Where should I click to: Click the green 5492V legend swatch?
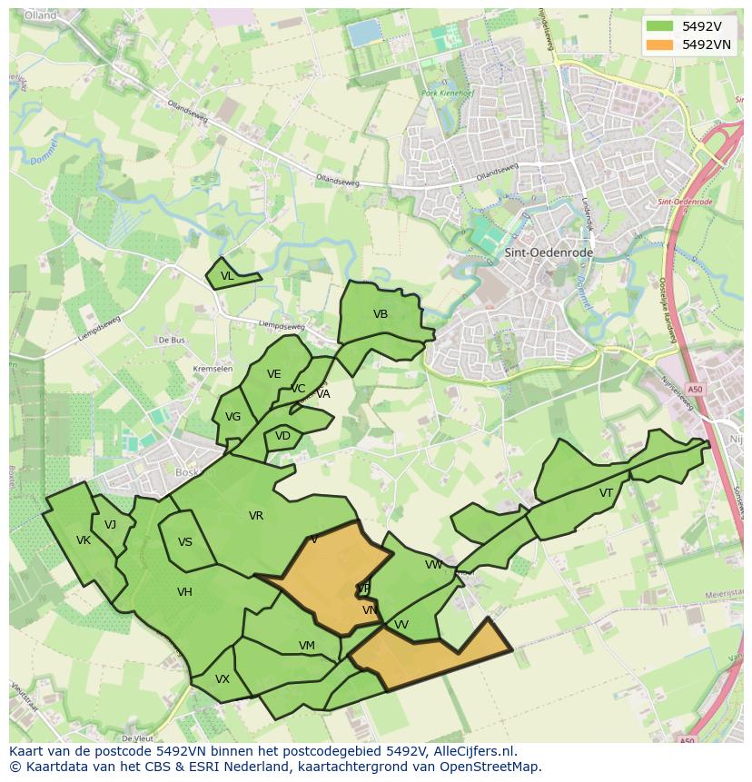pyautogui.click(x=659, y=26)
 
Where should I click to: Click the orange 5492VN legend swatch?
pyautogui.click(x=659, y=45)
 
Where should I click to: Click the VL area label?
pyautogui.click(x=227, y=276)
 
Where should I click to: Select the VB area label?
pyautogui.click(x=381, y=314)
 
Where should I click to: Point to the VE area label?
pyautogui.click(x=273, y=374)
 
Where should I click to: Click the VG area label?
pyautogui.click(x=233, y=417)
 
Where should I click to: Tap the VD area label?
pyautogui.click(x=282, y=436)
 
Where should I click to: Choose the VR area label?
pyautogui.click(x=256, y=516)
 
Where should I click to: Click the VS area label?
pyautogui.click(x=185, y=542)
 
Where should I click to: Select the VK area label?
pyautogui.click(x=84, y=540)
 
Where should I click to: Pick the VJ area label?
pyautogui.click(x=110, y=525)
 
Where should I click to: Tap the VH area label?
pyautogui.click(x=184, y=592)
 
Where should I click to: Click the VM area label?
pyautogui.click(x=307, y=646)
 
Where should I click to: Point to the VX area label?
pyautogui.click(x=223, y=679)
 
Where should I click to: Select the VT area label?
pyautogui.click(x=606, y=493)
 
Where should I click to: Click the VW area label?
pyautogui.click(x=433, y=565)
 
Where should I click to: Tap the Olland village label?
pyautogui.click(x=41, y=15)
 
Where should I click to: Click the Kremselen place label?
pyautogui.click(x=213, y=369)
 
